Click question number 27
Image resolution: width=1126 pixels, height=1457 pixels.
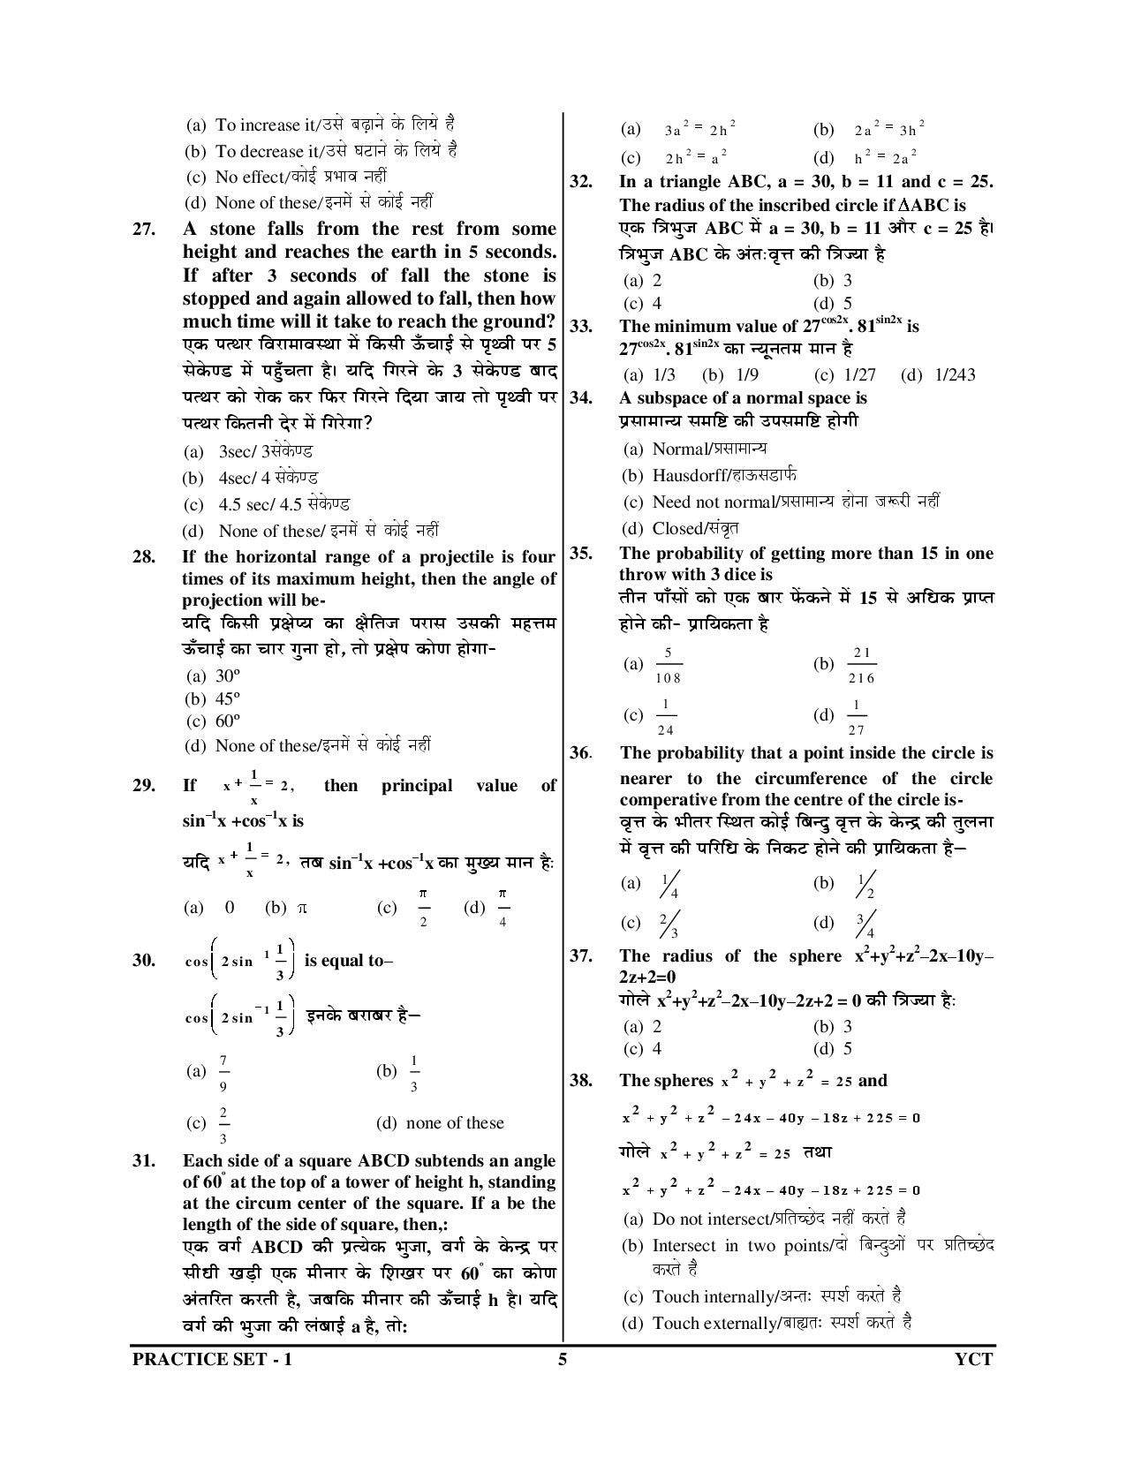tap(144, 230)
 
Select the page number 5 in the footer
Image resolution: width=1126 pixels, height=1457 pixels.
tap(562, 1359)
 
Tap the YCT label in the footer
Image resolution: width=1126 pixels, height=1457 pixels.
tap(974, 1359)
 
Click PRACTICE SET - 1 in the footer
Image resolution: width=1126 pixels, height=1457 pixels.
tap(211, 1359)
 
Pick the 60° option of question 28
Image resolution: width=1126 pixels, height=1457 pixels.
tap(227, 721)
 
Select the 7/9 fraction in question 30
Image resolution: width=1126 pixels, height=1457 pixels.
tap(223, 1072)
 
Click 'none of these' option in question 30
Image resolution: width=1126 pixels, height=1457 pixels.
tap(454, 1123)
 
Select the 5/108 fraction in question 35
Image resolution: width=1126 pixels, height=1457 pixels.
tap(668, 665)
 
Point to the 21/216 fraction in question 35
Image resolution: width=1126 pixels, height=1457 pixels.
tap(860, 665)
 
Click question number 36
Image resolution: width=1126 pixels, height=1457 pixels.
tap(579, 753)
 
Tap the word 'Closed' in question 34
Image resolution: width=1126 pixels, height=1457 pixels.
tap(676, 529)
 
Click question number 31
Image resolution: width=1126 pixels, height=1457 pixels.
tap(144, 1161)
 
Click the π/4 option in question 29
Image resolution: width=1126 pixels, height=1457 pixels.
tap(503, 909)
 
